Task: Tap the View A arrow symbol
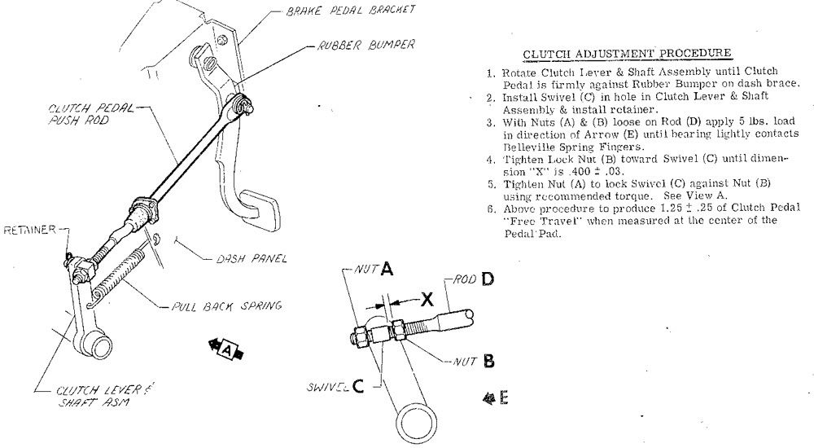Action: [x=230, y=349]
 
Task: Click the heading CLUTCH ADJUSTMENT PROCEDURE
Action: [x=627, y=55]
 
